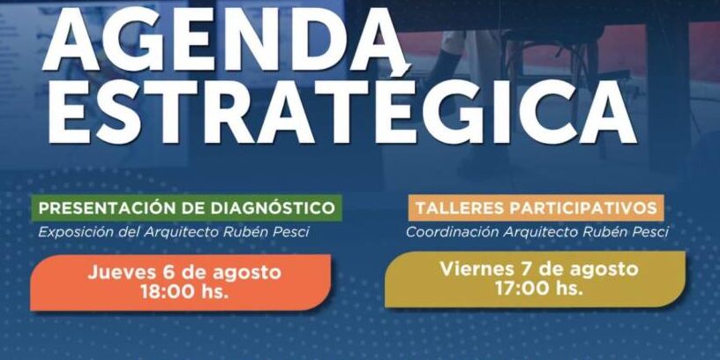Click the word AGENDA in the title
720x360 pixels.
(223, 41)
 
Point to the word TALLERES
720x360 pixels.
(459, 208)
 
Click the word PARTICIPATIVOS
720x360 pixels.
(582, 208)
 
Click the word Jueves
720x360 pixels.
(121, 273)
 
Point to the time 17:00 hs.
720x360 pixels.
(539, 289)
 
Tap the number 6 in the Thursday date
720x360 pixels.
(167, 273)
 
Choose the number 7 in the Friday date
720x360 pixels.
(521, 269)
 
